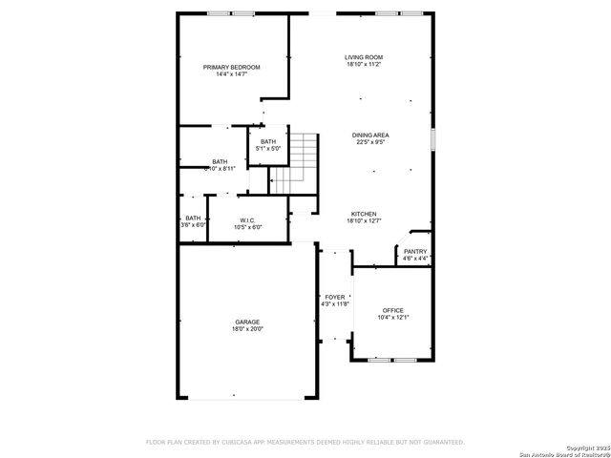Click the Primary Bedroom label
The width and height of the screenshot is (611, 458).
pos(232,67)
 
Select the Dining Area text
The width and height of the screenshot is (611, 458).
pos(369,135)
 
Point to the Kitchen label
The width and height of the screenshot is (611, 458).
pos(363,214)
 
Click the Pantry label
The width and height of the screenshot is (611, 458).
pos(415,251)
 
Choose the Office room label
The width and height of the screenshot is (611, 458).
pos(392,310)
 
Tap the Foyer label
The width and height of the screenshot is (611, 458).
pos(334,297)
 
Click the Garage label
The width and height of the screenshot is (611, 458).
pos(247,322)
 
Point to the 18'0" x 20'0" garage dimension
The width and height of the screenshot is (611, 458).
pos(247,329)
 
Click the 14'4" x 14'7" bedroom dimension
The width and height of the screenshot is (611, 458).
pos(232,74)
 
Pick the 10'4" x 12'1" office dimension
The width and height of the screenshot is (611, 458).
pos(392,318)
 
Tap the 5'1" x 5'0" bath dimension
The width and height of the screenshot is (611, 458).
pos(267,149)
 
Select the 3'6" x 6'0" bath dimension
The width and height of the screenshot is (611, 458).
pos(194,225)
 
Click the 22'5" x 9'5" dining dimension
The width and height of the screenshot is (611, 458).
pos(369,143)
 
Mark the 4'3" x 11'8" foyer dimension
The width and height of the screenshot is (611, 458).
pos(334,303)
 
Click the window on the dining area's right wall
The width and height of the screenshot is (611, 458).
pos(432,138)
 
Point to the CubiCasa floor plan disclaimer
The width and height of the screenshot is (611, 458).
pos(305,442)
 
